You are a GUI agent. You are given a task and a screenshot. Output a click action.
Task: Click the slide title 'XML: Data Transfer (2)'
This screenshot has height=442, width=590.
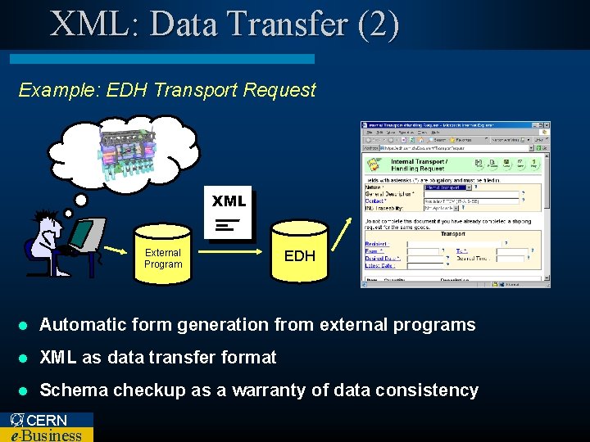pyautogui.click(x=225, y=24)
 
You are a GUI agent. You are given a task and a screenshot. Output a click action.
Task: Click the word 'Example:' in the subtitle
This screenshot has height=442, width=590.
pyautogui.click(x=53, y=90)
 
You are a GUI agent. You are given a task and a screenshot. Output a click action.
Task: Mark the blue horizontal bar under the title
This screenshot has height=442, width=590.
pyautogui.click(x=161, y=59)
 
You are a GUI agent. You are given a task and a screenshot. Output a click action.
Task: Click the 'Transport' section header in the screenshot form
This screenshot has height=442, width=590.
pyautogui.click(x=452, y=233)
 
